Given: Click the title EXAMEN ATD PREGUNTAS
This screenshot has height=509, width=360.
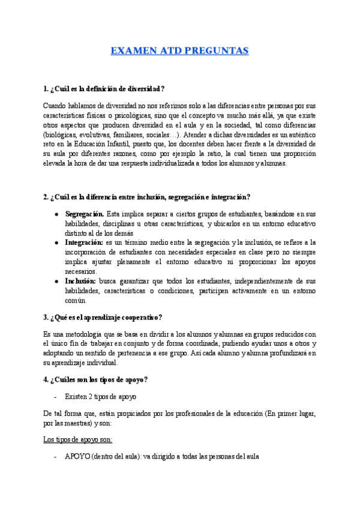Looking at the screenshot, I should pyautogui.click(x=179, y=51).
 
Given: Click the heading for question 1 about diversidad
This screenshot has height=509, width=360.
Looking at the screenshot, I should pyautogui.click(x=104, y=89).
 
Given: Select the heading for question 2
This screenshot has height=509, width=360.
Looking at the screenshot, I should pyautogui.click(x=147, y=197).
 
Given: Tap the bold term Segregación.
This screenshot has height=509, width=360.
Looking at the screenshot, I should pyautogui.click(x=85, y=214).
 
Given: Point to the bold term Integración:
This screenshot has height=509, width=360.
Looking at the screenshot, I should pyautogui.click(x=85, y=242).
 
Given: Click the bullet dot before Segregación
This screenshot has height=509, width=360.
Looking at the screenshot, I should pyautogui.click(x=56, y=214).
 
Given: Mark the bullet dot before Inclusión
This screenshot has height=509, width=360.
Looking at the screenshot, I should pyautogui.click(x=56, y=281).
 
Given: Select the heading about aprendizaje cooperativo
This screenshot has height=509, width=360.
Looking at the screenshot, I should pyautogui.click(x=103, y=317).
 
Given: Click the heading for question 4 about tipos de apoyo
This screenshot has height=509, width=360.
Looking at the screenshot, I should pyautogui.click(x=95, y=379).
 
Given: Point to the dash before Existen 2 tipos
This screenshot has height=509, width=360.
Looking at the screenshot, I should pyautogui.click(x=56, y=397).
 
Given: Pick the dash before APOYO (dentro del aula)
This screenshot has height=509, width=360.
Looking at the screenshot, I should pyautogui.click(x=56, y=456).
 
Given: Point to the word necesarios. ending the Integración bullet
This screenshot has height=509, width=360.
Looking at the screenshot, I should pyautogui.click(x=81, y=271).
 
